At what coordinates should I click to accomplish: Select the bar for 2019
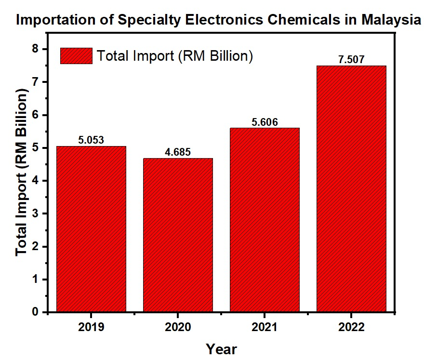click(91, 229)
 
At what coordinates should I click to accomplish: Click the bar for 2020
click(178, 235)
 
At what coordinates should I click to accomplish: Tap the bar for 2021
click(265, 220)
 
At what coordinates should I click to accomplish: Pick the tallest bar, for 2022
click(351, 189)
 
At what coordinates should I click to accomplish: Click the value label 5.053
click(91, 140)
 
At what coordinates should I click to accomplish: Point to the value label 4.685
click(178, 152)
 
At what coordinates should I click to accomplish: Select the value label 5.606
click(265, 122)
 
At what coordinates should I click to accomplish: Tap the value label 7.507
click(351, 60)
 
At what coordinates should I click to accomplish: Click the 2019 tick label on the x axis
click(91, 328)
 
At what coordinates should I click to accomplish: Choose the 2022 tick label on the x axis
click(351, 328)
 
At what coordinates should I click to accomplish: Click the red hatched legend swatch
click(76, 56)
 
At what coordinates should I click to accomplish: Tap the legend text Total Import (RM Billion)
click(174, 56)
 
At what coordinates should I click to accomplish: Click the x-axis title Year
click(221, 348)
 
